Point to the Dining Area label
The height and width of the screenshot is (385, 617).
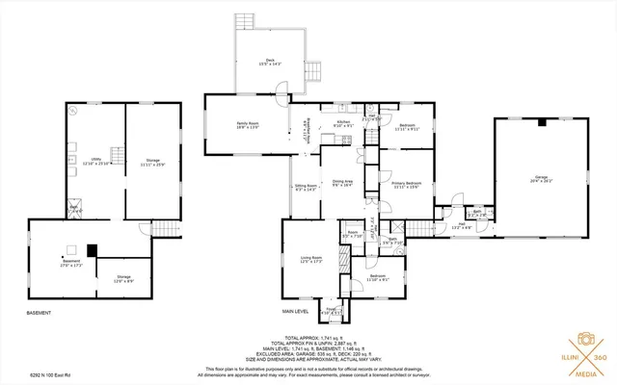(342, 183)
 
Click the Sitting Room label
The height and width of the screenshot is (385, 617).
(307, 188)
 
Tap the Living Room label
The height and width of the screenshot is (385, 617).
(310, 260)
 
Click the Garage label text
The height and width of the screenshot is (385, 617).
(541, 178)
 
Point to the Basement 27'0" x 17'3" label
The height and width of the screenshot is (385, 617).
(71, 263)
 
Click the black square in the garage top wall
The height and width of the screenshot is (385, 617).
(541, 123)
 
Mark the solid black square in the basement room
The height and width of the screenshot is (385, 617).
(93, 247)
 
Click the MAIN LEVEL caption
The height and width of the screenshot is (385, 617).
(295, 311)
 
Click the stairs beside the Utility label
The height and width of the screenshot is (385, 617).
(118, 154)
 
